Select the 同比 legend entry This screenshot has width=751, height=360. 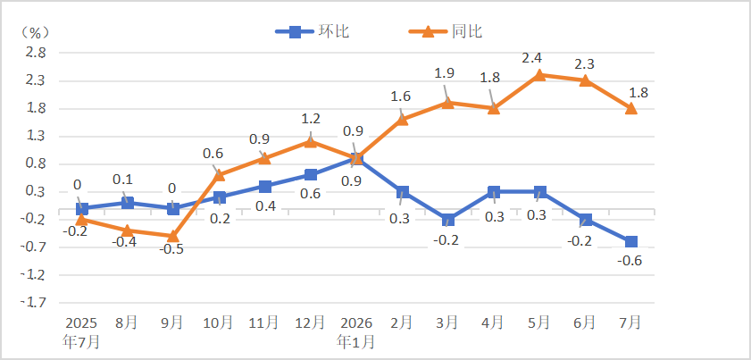click(x=445, y=32)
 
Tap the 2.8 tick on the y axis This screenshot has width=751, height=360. click(x=36, y=54)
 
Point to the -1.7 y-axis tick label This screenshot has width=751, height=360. click(x=34, y=303)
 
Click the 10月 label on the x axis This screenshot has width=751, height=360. click(x=220, y=322)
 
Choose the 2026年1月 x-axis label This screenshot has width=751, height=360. click(x=356, y=331)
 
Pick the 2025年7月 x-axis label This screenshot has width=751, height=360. click(x=81, y=331)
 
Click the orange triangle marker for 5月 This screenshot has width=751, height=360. click(x=539, y=75)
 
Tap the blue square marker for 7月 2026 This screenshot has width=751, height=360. click(x=631, y=241)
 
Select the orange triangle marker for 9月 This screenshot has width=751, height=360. click(x=173, y=236)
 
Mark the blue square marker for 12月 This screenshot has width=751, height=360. click(x=311, y=174)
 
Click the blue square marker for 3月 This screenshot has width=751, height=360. click(x=447, y=220)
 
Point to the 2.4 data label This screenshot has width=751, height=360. click(x=531, y=58)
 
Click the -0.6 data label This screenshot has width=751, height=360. click(x=630, y=262)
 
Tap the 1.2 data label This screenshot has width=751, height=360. click(x=311, y=119)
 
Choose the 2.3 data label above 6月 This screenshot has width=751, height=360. click(x=577, y=63)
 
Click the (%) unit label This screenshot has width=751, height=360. click(x=34, y=32)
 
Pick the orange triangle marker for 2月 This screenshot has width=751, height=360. click(x=403, y=120)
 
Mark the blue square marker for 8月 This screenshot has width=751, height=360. click(x=128, y=203)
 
